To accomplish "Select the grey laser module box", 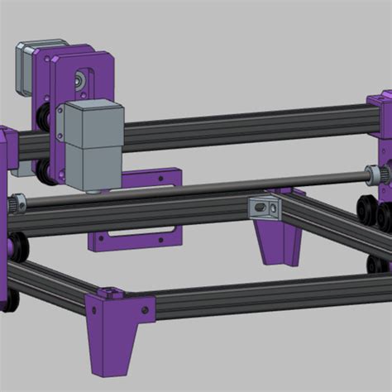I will click(x=93, y=145).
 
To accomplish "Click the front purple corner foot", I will click(x=112, y=331).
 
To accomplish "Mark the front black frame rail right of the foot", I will click(x=265, y=303).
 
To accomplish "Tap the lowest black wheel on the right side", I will click(x=376, y=263).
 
